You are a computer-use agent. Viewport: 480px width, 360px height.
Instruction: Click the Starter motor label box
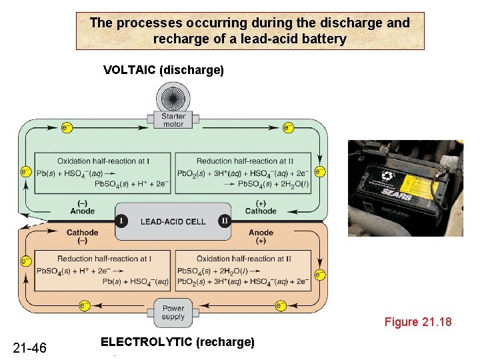[173, 120]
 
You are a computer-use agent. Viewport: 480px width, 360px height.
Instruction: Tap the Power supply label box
[173, 312]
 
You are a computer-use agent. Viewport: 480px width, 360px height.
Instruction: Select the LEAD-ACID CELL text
[173, 221]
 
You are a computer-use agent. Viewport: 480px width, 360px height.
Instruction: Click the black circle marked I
[121, 221]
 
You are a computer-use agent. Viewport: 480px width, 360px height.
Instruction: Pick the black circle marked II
[225, 221]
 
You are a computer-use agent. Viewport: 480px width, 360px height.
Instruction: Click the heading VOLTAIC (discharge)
[163, 70]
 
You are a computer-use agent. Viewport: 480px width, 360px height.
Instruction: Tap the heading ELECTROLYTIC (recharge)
[177, 342]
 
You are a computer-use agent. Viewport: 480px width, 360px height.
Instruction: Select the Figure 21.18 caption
[418, 323]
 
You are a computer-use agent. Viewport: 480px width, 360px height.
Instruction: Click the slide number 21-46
[30, 347]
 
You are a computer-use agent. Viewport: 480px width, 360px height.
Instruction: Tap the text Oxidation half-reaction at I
[103, 161]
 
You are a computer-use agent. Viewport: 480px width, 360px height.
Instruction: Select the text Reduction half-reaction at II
[245, 161]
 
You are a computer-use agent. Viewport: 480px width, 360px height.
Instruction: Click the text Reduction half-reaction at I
[104, 259]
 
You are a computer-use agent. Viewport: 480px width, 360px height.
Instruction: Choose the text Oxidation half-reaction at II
[245, 259]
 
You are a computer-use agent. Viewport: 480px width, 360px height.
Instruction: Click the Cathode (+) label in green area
[261, 207]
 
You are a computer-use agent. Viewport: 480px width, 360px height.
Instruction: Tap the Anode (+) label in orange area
[261, 236]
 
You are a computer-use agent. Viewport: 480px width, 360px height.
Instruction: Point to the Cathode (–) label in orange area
[83, 236]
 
